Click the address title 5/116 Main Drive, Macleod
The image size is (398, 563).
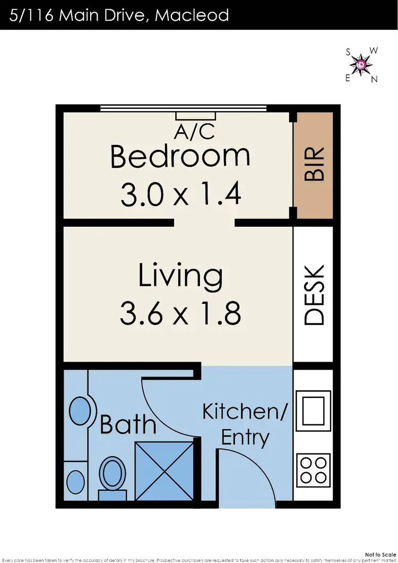119,14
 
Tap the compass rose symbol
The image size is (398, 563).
361,65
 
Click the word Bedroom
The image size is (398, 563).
180,156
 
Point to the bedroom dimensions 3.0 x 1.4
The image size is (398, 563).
180,194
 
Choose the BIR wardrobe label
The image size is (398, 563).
314,165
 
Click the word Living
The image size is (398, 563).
180,276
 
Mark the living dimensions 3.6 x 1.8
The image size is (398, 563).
180,313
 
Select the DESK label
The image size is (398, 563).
314,295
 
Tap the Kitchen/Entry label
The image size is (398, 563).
245,424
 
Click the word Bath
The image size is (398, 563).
128,424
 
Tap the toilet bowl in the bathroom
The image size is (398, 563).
112,473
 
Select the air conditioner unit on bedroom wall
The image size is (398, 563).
196,116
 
